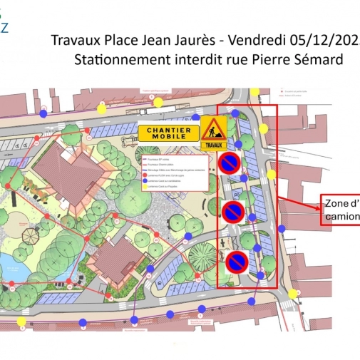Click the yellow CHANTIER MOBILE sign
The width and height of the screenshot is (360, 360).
tap(170, 133)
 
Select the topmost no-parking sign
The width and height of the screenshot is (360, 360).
tap(230, 164)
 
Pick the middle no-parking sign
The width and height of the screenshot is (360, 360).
tap(233, 212)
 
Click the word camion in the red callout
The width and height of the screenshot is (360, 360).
tap(342, 215)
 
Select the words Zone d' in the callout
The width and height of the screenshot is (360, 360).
tap(341, 202)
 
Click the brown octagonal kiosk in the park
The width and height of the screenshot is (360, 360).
tap(29, 235)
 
